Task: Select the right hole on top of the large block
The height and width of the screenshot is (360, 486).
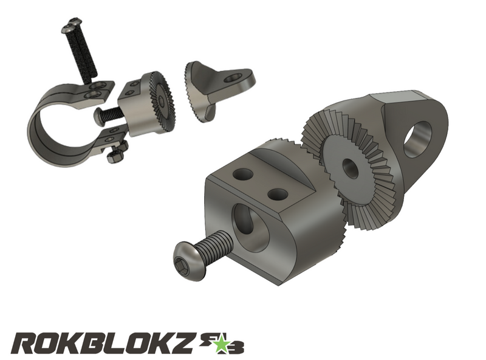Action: [277, 195]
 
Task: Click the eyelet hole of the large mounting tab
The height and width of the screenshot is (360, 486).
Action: [418, 138]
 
